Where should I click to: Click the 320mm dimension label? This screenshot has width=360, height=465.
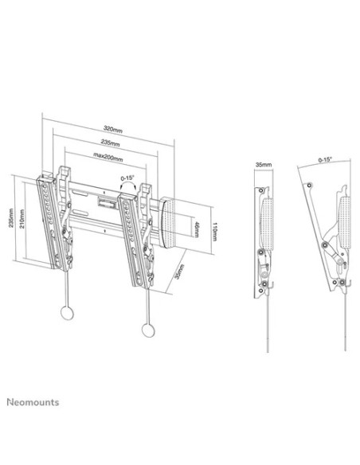pos(112,129)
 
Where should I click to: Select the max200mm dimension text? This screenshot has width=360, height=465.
pos(108,157)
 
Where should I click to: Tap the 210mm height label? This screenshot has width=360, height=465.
pos(22,218)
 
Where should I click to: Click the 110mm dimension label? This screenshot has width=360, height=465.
pos(215,232)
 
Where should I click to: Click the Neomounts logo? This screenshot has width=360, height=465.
pos(33,402)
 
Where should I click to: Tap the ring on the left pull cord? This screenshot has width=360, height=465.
pos(67,312)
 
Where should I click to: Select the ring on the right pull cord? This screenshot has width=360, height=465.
pos(148,330)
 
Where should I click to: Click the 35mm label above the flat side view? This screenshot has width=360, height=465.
pos(264,165)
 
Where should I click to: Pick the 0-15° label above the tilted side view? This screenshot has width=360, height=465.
pos(325,159)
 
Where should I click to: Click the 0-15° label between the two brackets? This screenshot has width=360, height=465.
pos(127,178)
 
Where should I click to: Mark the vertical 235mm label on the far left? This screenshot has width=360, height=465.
pos(11,218)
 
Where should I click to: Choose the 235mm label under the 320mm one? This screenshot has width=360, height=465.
pos(110,143)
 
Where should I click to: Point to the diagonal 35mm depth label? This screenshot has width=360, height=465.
pos(179,272)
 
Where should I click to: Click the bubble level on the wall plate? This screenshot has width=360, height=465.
pos(106,204)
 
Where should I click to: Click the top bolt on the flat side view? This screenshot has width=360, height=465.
pos(260,190)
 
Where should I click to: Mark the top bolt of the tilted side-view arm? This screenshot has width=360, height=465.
pos(309,186)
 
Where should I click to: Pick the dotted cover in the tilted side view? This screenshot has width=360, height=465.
pos(345,221)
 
